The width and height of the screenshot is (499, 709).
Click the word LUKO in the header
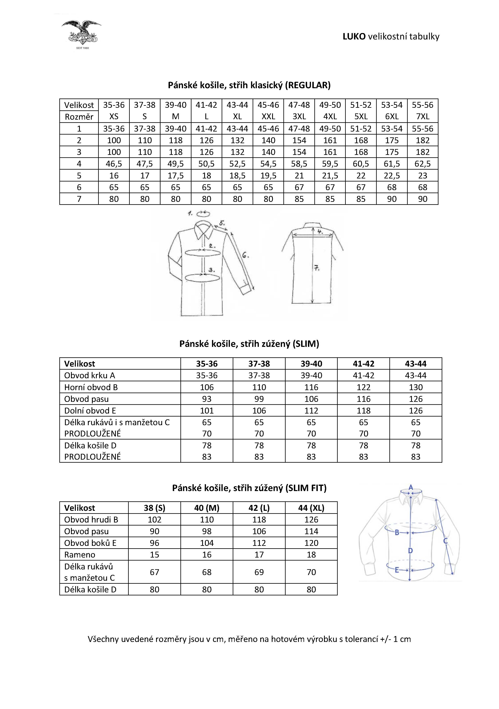tap(354, 36)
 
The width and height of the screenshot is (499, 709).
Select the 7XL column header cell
tap(423, 116)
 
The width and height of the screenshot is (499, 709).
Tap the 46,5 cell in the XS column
tap(114, 164)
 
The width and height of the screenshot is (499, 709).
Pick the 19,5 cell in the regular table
tap(268, 175)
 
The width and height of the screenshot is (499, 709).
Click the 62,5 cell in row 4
tap(423, 164)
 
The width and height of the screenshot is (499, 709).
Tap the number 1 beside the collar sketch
tap(190, 213)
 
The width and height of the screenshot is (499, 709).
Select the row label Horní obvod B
tap(91, 387)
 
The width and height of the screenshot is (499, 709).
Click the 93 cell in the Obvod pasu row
tap(207, 399)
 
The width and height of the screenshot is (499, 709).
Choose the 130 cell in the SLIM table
tap(416, 387)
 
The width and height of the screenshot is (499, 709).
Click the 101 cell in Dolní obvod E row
tap(207, 411)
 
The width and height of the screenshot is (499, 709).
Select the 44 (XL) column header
tap(311, 508)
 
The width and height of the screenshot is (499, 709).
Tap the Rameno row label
tap(80, 555)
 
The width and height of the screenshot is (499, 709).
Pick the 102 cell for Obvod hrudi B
tap(154, 520)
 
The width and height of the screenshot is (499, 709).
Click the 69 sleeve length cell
tap(259, 572)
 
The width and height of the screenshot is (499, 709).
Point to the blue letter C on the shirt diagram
tap(445, 541)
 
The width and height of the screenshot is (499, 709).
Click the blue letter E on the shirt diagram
tap(397, 570)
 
